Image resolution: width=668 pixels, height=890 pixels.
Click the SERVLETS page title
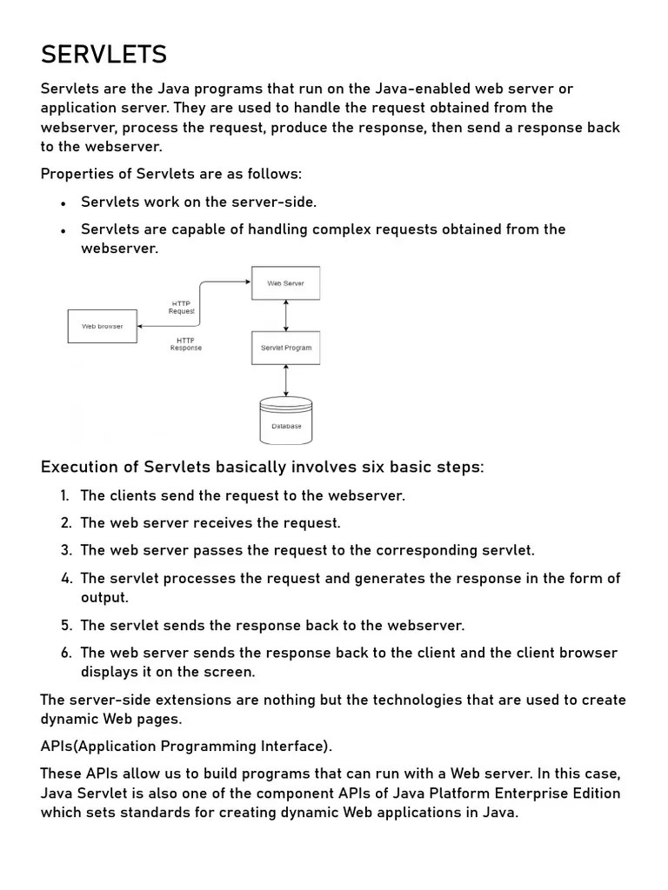104,55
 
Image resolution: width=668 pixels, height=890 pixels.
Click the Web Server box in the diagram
285,283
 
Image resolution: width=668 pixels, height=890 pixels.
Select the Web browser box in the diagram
102,326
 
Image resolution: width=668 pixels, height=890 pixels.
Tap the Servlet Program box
285,348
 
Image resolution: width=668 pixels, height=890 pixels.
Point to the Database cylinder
285,422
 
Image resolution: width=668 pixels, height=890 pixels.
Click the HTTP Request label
181,308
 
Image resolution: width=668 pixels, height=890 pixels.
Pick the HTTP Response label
185,344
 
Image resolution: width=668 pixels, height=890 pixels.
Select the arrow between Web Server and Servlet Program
286,315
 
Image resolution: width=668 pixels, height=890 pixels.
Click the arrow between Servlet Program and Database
286,381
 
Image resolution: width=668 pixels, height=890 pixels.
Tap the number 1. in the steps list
64,495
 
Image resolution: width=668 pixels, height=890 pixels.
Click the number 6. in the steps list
65,653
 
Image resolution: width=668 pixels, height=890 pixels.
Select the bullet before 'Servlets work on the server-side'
63,203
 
